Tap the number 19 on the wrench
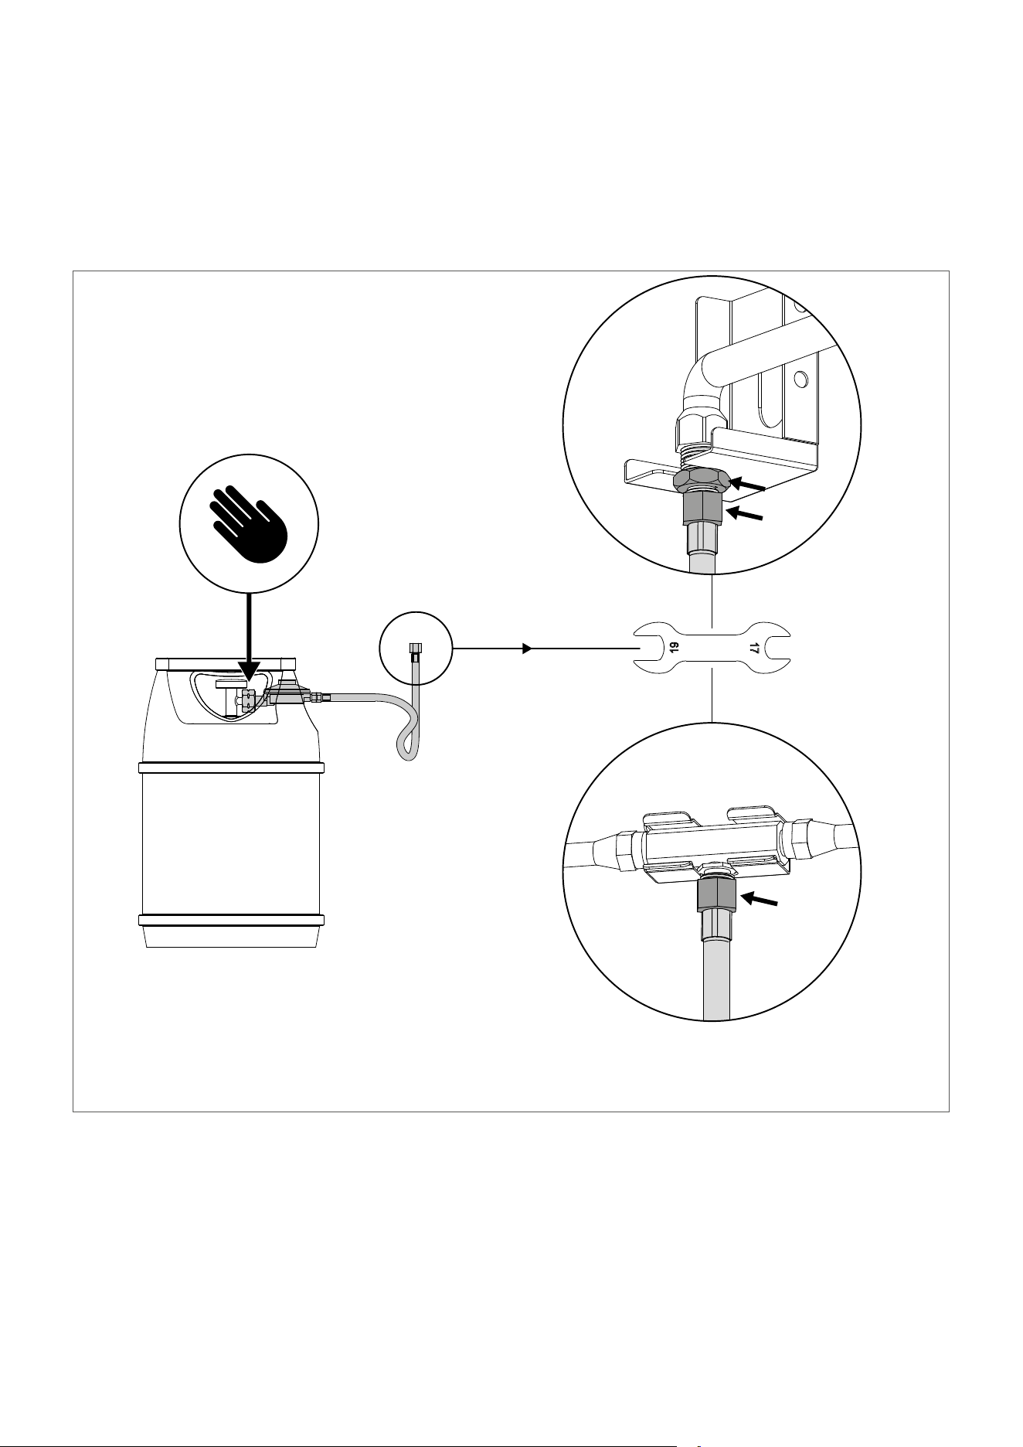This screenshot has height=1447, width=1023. click(674, 649)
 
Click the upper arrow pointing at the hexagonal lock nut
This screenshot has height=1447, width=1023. click(748, 485)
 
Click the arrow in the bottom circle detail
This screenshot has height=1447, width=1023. click(759, 900)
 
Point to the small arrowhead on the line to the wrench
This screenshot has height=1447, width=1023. click(527, 649)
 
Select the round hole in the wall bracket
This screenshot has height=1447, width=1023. click(800, 378)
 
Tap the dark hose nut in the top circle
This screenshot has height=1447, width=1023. click(702, 509)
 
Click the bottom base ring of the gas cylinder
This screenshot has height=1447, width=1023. click(231, 920)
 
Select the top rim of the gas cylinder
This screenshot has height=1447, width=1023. click(226, 663)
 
